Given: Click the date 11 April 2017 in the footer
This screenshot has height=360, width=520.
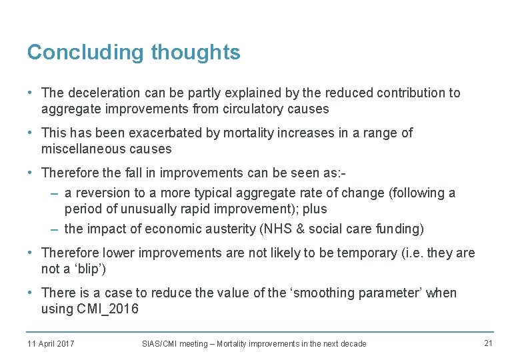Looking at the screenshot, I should tap(51, 343).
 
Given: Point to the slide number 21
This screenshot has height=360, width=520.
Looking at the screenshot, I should tap(487, 343).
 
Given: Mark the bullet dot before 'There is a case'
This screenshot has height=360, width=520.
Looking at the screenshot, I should tap(31, 293).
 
